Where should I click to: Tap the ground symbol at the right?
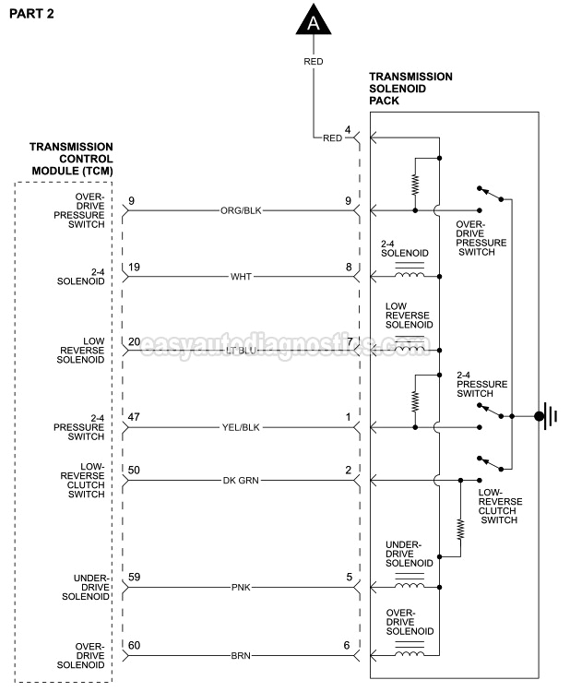click(546, 416)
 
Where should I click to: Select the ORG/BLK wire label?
click(242, 210)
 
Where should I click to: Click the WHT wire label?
click(242, 277)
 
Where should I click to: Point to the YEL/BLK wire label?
click(242, 428)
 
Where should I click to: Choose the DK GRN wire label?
click(242, 481)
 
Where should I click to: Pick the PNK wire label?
click(242, 587)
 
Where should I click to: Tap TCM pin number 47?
click(135, 418)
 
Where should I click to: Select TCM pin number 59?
click(135, 578)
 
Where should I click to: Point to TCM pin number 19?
click(135, 267)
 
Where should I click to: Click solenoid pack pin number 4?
click(348, 129)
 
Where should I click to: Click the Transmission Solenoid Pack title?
click(410, 89)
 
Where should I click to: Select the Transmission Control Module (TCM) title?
click(71, 159)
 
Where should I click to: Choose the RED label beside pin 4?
click(332, 138)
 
